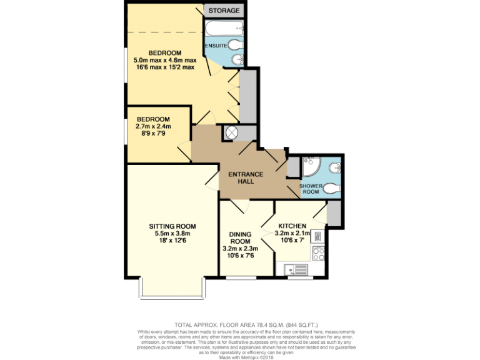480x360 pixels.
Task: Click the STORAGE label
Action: (224, 11)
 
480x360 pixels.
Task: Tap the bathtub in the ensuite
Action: (224, 27)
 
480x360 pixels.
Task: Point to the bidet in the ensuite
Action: (234, 59)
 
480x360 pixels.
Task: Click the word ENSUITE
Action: (216, 46)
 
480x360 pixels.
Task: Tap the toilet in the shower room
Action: (332, 187)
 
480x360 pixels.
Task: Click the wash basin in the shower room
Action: (336, 167)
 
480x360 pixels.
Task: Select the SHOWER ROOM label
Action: (311, 189)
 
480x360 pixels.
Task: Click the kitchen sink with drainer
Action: (296, 269)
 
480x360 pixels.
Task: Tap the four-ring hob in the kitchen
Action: (317, 254)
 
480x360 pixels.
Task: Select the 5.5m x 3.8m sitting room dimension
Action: (172, 234)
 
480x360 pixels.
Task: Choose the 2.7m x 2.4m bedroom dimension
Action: (153, 126)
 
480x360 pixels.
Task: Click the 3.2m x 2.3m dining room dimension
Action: (241, 248)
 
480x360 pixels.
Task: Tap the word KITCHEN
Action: (292, 226)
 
